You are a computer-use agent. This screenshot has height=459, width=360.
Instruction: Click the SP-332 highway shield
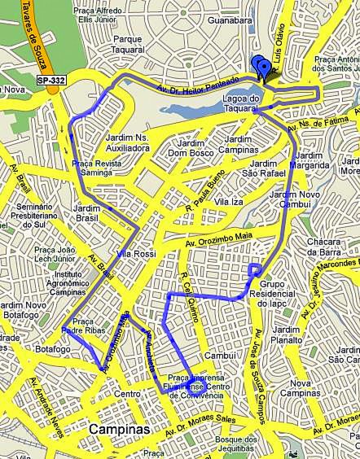[x=51, y=79]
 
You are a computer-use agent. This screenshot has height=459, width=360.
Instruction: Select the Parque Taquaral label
[x=128, y=43]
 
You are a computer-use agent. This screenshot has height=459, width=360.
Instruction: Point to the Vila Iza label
[x=230, y=201]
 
